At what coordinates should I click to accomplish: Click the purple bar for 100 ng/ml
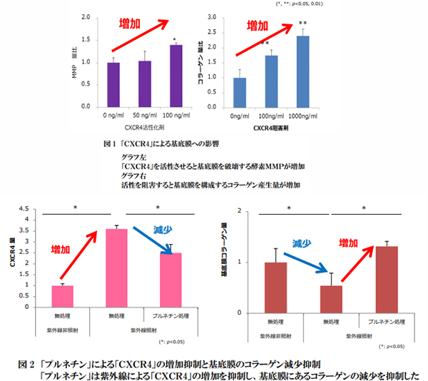[x=175, y=76]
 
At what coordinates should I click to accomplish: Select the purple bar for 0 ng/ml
[x=113, y=84]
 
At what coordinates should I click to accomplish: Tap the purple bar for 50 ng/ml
[x=144, y=83]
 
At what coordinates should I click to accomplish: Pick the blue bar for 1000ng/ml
[x=303, y=71]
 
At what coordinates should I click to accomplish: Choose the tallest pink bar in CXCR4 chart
[x=116, y=268]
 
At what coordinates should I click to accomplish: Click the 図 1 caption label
[x=109, y=143]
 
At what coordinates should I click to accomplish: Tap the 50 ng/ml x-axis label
[x=144, y=115]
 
